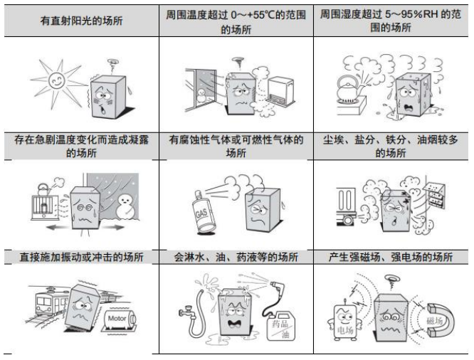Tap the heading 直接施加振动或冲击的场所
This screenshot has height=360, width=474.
pyautogui.click(x=80, y=257)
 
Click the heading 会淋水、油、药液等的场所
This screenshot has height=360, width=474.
pyautogui.click(x=236, y=257)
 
